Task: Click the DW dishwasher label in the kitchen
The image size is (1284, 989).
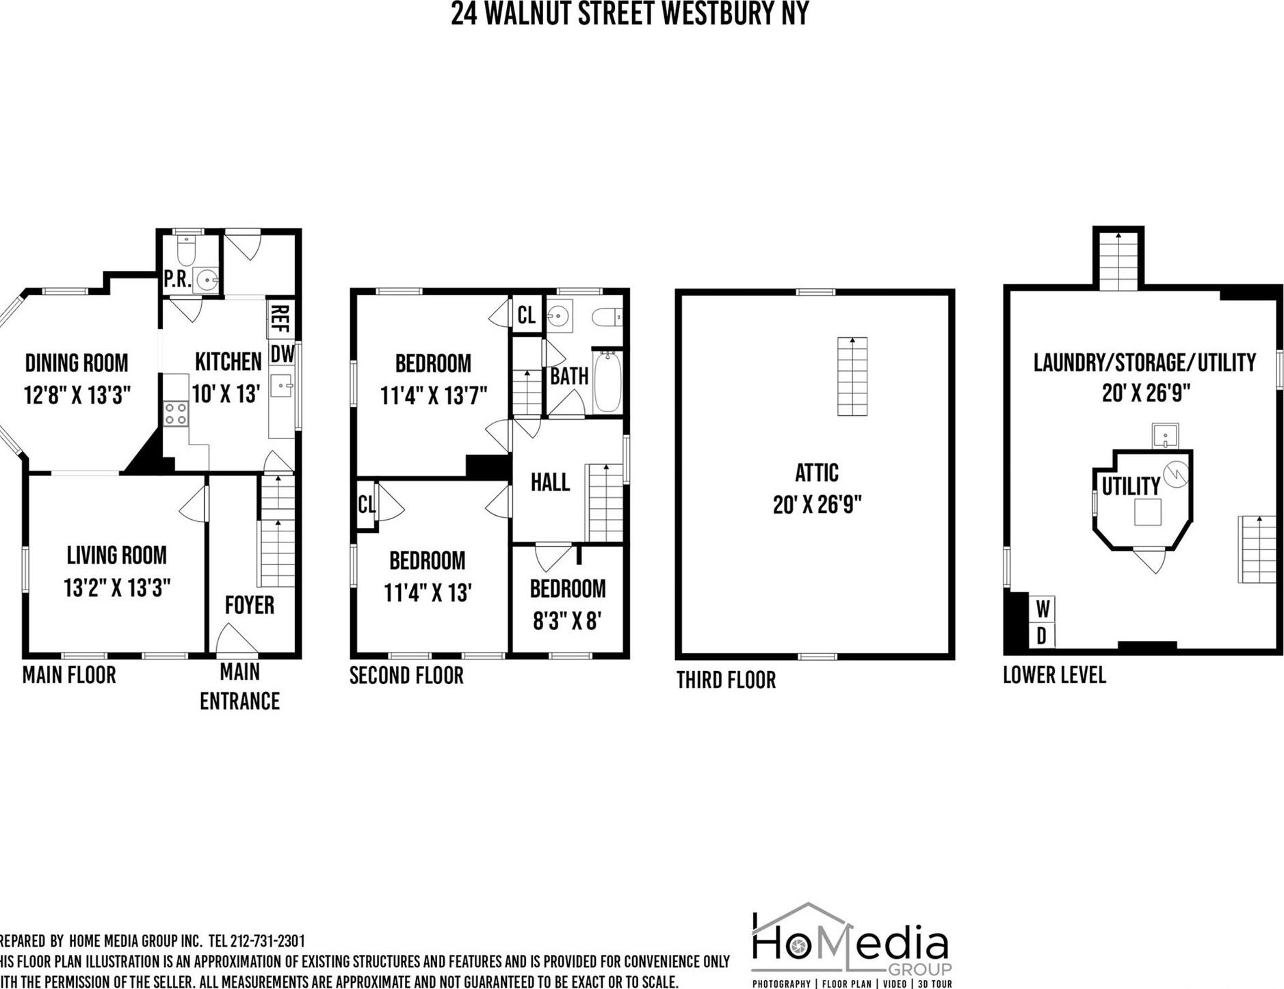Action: (283, 354)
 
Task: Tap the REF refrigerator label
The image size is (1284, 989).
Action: (280, 318)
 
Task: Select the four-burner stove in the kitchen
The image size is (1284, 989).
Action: (176, 414)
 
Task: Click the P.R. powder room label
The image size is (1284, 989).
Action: (177, 279)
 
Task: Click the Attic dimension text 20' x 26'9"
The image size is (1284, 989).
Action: (817, 505)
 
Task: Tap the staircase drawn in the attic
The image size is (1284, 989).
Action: (852, 376)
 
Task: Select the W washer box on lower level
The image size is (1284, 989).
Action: (1043, 607)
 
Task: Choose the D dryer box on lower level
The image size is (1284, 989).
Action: (1041, 636)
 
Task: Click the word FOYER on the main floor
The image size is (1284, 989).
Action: (250, 605)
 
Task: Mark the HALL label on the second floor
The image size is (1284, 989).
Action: (550, 482)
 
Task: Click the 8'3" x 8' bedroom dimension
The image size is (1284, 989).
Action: (567, 620)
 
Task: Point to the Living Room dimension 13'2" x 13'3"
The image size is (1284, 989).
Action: (117, 588)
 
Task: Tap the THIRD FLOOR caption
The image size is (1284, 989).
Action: (726, 680)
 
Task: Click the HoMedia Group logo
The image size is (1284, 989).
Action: (851, 945)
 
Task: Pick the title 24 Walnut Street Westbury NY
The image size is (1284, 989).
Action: (629, 14)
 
